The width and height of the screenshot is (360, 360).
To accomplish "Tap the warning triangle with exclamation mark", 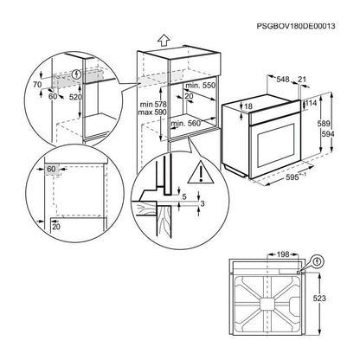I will coord(201,172).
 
